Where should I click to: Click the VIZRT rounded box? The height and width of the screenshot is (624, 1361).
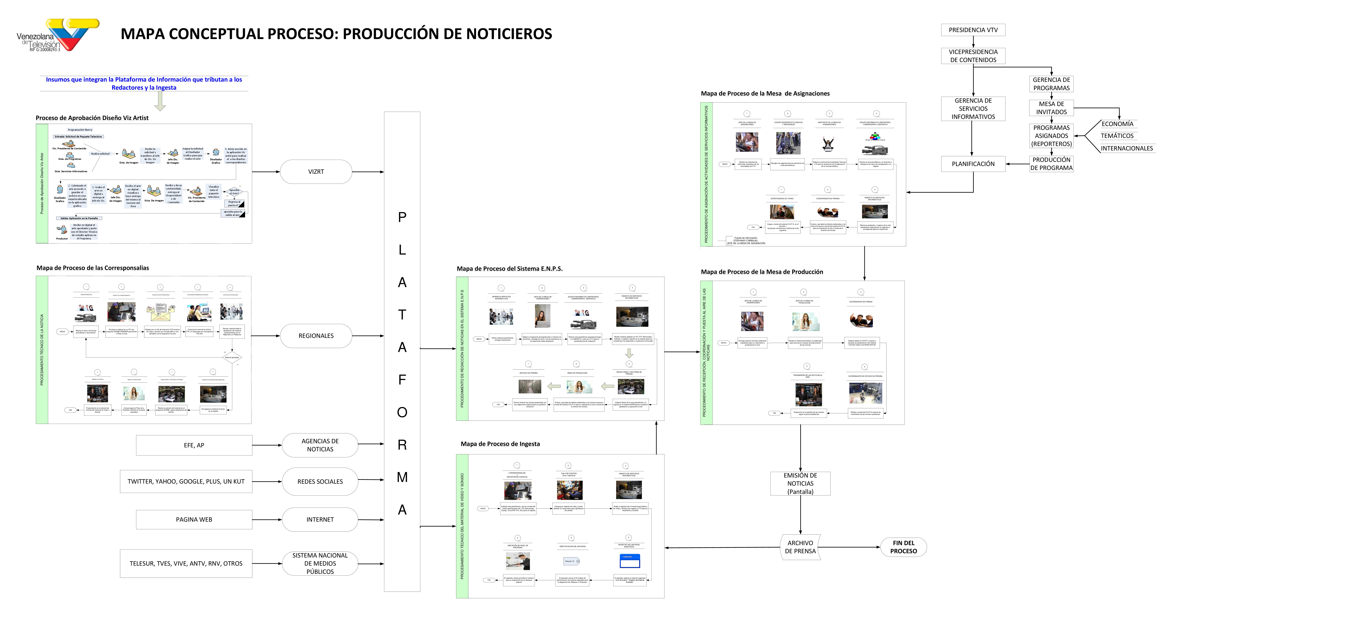click(316, 172)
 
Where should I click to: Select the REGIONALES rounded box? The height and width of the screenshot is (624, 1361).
click(316, 336)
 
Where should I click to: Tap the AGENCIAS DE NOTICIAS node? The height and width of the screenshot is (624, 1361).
click(320, 445)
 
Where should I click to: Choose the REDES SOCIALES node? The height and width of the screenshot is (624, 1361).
click(320, 481)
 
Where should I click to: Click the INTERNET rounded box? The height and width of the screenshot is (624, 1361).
click(320, 519)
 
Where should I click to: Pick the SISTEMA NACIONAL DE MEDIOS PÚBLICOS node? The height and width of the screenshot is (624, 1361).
click(320, 563)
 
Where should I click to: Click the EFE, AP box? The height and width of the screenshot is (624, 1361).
click(194, 445)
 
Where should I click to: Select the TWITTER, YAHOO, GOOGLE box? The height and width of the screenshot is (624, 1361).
click(186, 481)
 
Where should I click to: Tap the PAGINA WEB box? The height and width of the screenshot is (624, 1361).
click(194, 519)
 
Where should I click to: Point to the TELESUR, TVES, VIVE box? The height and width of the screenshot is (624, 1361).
click(186, 563)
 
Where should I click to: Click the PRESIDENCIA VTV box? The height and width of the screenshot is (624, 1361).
click(973, 30)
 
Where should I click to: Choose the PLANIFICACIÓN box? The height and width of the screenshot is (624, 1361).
click(973, 164)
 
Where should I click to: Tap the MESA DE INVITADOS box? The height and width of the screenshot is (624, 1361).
click(1051, 108)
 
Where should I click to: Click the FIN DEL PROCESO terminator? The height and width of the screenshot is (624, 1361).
click(904, 547)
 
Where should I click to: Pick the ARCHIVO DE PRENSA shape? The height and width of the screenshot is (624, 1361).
click(800, 547)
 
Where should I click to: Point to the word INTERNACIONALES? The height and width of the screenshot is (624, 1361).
click(1127, 148)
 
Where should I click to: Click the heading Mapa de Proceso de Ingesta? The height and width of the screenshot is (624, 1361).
click(500, 444)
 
